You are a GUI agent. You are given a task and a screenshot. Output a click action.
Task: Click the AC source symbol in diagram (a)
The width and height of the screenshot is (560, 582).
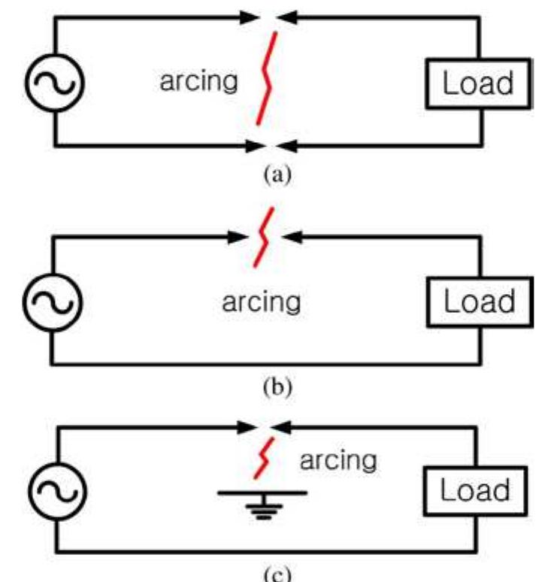[x=55, y=82]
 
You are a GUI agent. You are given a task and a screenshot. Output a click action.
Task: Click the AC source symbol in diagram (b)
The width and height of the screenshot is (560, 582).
[x=54, y=302]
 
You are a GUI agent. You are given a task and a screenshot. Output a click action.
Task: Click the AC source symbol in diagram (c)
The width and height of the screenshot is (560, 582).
[x=55, y=493]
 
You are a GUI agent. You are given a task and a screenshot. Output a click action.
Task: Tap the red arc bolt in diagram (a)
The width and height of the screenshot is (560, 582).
[x=266, y=78]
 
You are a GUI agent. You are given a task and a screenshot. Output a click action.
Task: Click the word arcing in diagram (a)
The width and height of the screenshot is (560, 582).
[x=198, y=81]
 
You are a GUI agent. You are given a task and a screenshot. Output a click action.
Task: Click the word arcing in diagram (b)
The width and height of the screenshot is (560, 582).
[x=261, y=302]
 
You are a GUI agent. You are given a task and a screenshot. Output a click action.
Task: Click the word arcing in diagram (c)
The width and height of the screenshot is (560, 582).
[x=338, y=459]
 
